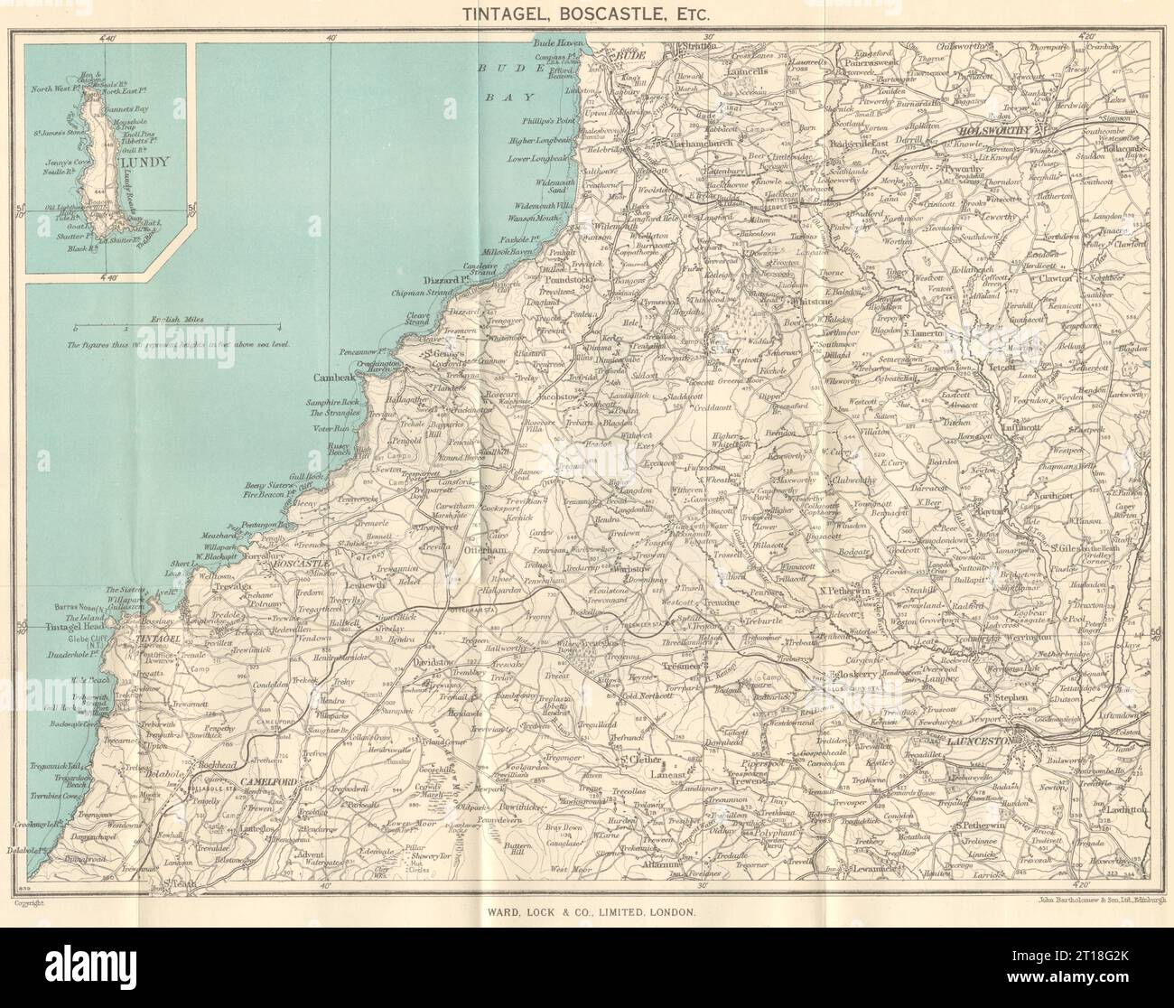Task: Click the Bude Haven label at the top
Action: coord(559,42)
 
